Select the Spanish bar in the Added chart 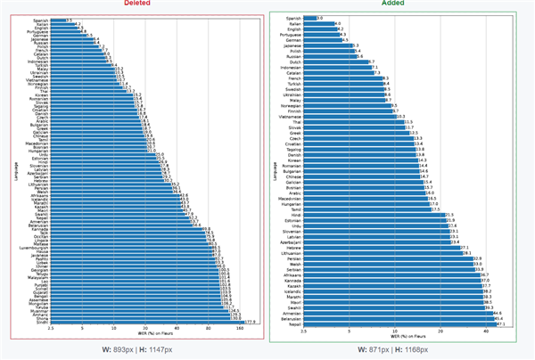coord(309,17)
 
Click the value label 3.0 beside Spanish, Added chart coord(320,17)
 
